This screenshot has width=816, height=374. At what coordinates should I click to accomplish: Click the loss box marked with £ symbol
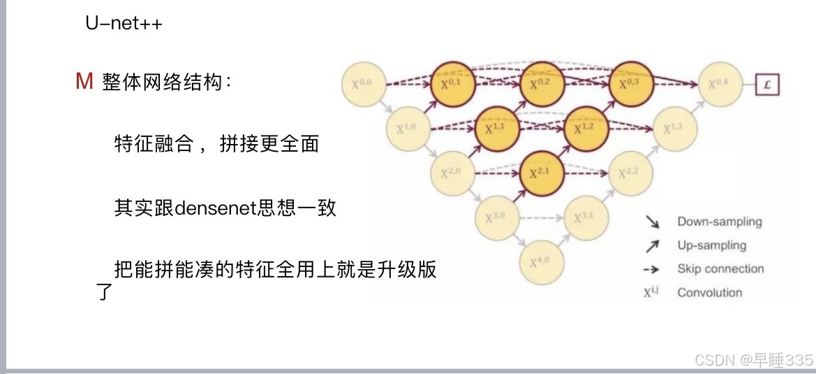click(767, 85)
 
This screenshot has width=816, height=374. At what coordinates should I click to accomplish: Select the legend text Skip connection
click(720, 269)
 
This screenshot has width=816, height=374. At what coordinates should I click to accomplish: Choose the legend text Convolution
click(709, 292)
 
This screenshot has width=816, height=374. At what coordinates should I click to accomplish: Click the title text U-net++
click(124, 24)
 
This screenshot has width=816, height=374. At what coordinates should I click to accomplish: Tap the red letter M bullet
click(84, 82)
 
